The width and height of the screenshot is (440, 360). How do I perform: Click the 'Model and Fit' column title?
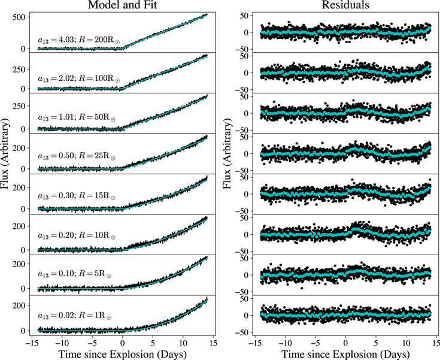tap(122, 5)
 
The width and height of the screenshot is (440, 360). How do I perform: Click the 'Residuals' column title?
tap(345, 5)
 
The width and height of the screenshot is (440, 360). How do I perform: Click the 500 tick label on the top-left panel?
tap(19, 17)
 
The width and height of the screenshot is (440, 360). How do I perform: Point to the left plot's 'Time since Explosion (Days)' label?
tap(122, 354)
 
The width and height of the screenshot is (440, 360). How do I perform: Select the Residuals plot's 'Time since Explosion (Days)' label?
tap(345, 354)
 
